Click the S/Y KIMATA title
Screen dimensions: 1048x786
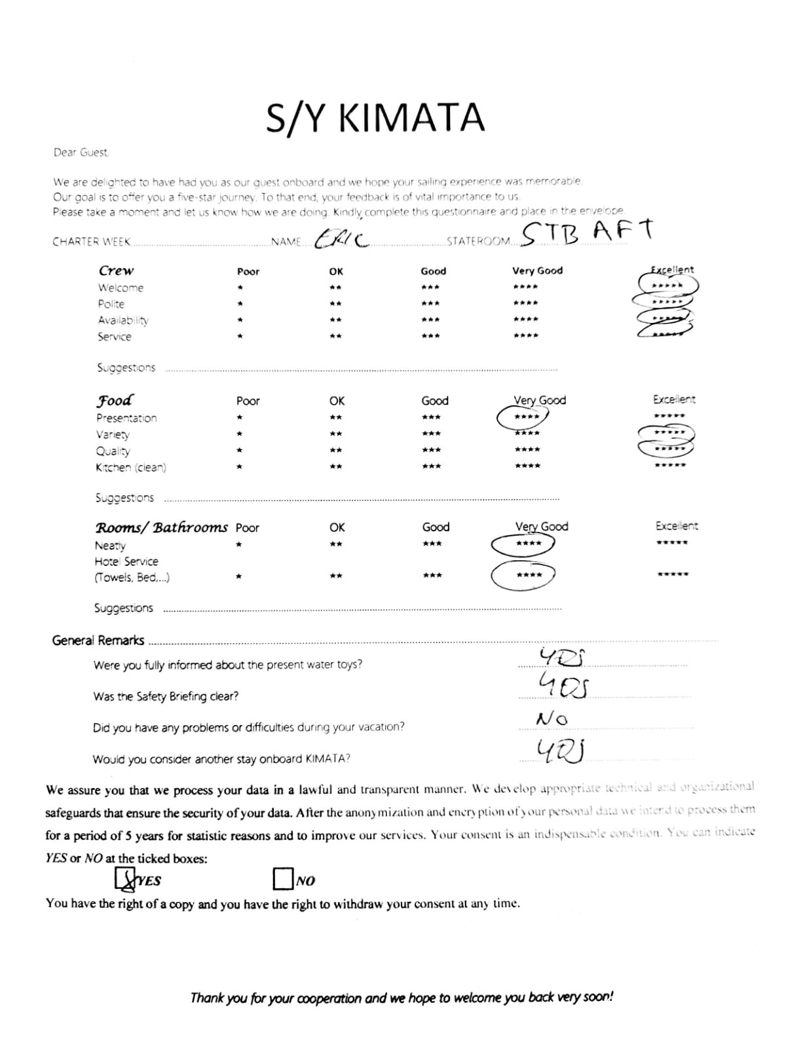(375, 118)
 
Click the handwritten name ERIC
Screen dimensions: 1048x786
(341, 239)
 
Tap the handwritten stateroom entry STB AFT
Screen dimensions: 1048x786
(588, 232)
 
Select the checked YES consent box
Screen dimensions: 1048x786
(124, 879)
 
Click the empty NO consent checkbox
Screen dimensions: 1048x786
(282, 879)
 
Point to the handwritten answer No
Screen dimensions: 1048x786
(552, 719)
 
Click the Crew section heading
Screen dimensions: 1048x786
(116, 271)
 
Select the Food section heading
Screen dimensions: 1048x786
(115, 400)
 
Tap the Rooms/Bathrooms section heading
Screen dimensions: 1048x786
(161, 527)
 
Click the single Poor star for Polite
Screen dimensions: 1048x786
(240, 304)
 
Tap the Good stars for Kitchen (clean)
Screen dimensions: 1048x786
(431, 466)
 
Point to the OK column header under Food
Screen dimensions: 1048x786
(337, 401)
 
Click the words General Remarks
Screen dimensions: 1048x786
(98, 641)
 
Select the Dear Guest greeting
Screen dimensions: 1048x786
(81, 153)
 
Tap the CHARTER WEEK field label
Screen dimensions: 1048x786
(92, 242)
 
